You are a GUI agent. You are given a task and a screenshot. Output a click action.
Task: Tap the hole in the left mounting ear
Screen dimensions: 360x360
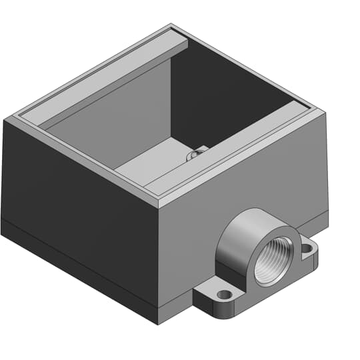(x=225, y=294)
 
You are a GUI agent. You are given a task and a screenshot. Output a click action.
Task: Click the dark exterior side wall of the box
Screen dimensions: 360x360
(x=80, y=193)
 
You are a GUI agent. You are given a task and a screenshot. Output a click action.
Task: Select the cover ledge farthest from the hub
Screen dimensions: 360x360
(x=107, y=73)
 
